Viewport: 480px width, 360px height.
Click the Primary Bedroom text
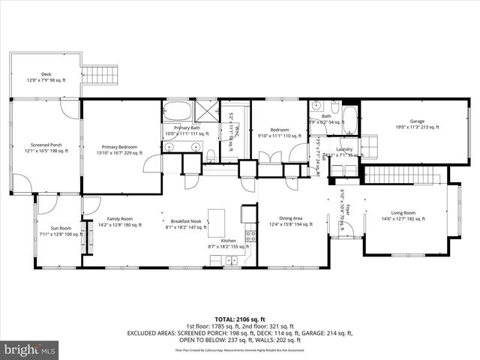[121, 150]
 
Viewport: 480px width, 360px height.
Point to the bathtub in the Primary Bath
[178, 113]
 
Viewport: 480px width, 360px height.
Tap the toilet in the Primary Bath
[211, 155]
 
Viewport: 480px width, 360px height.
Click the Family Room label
[120, 222]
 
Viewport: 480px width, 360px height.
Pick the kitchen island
[217, 222]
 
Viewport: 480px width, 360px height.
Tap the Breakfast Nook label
[183, 222]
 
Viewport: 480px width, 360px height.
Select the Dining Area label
[292, 222]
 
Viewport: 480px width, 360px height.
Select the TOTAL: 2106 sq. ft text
[240, 318]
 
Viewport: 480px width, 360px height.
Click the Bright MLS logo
[30, 349]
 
